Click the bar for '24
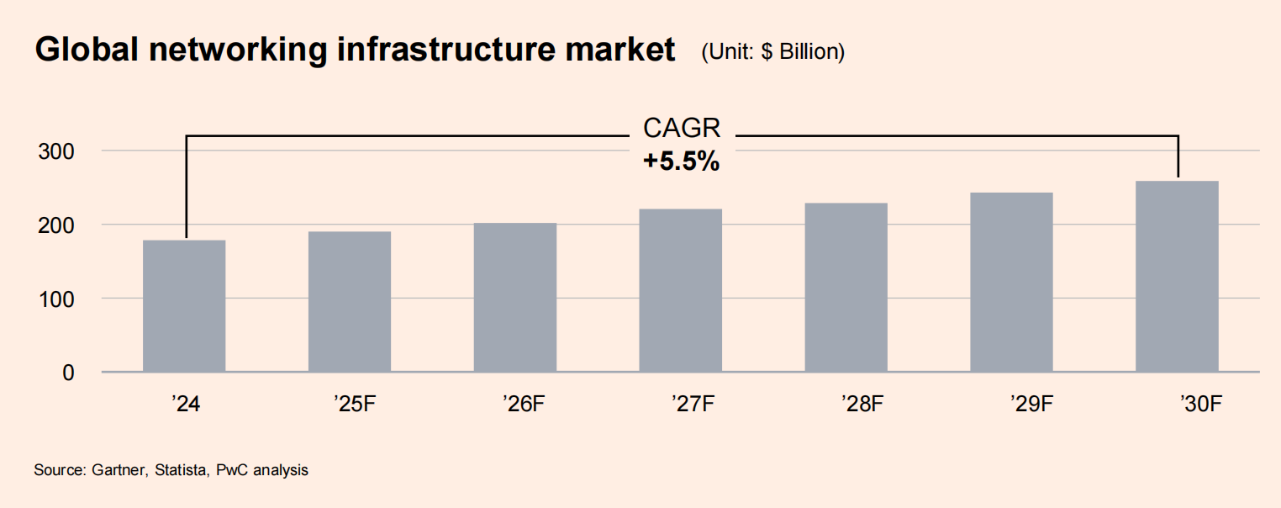click(x=184, y=306)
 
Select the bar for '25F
click(x=350, y=302)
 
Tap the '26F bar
click(x=515, y=298)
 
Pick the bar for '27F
click(x=681, y=290)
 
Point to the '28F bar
click(x=846, y=288)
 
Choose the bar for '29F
click(x=1011, y=283)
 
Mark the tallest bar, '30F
click(x=1177, y=277)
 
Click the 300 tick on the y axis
click(x=55, y=151)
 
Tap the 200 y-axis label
click(x=55, y=225)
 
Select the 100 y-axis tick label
click(x=55, y=299)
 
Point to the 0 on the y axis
click(x=67, y=373)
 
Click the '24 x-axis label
click(x=184, y=405)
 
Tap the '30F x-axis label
click(x=1199, y=405)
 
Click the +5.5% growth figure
click(x=681, y=161)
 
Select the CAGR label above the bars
click(x=681, y=129)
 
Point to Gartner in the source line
click(x=119, y=470)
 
